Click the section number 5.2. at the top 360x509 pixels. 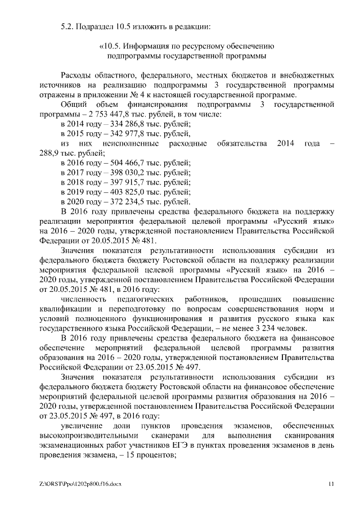pyautogui.click(x=69, y=26)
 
